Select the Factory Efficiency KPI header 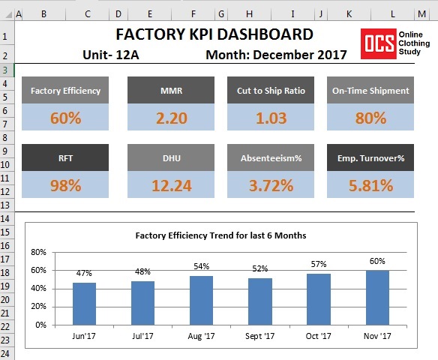coord(65,91)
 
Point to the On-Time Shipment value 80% coord(370,118)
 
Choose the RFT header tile coord(65,158)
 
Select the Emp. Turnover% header coord(370,158)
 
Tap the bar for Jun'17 coord(84,304)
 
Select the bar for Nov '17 coord(377,298)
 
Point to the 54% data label coord(201,266)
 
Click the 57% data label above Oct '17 coord(319,264)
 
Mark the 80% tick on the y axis coord(38,252)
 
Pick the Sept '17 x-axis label coord(260,337)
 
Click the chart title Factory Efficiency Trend coord(220,235)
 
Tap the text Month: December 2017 coord(276,54)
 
